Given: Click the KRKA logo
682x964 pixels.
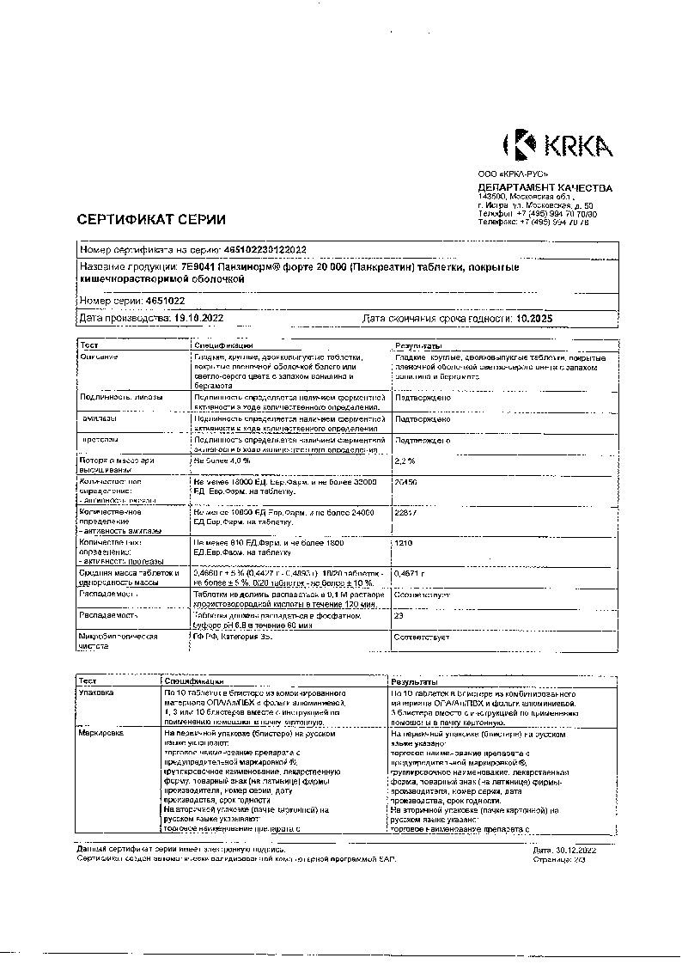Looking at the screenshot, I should tap(557, 145).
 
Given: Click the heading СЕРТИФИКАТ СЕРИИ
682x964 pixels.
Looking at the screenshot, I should tap(151, 219).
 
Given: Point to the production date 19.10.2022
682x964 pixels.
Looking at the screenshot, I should tap(199, 318).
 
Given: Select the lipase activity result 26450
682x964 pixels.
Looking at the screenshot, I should tap(405, 483).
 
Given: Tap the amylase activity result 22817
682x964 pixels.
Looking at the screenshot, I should tap(405, 512).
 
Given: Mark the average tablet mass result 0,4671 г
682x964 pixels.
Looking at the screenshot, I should tap(410, 572).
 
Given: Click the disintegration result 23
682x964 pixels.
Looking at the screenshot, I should tap(399, 615).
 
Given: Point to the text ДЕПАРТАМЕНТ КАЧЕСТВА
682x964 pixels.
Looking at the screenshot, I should tap(545, 188).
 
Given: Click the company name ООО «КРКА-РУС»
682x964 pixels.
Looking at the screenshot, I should tap(512, 174).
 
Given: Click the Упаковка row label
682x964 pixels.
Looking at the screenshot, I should tap(95, 692).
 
